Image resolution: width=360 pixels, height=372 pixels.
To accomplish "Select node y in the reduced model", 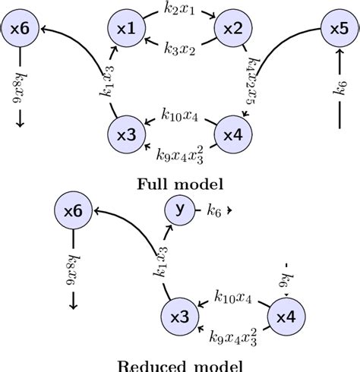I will click(x=180, y=212).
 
